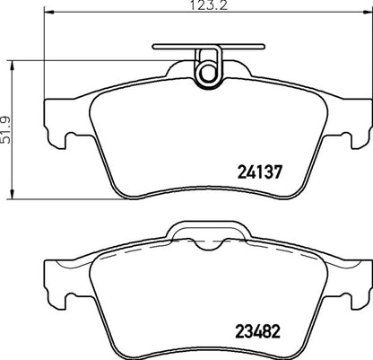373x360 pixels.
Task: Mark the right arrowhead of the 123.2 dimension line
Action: coord(356,15)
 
